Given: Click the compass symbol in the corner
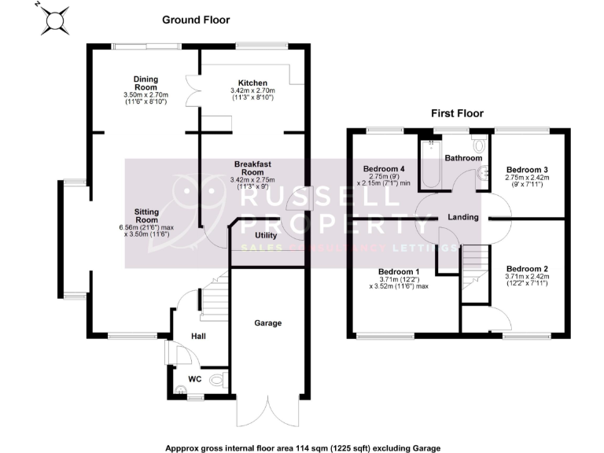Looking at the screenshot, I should (x=54, y=20).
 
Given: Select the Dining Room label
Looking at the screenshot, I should (x=146, y=83).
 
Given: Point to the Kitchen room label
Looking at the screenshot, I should (x=252, y=83).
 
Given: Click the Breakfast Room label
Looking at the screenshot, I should (x=252, y=168).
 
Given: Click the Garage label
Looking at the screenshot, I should (x=267, y=323).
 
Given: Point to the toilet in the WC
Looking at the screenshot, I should (x=220, y=382).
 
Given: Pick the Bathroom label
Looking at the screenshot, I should (x=463, y=158).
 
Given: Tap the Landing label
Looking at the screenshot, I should (x=463, y=217).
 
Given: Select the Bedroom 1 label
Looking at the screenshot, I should (x=400, y=271).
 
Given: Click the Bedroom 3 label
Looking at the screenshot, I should (x=527, y=169).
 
